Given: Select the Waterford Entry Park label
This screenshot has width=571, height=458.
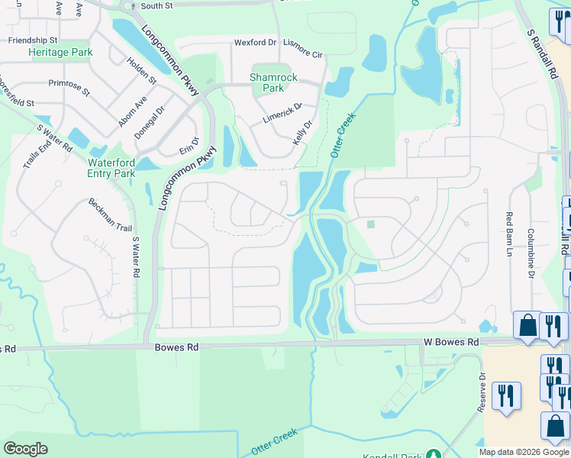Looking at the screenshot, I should coord(111,168).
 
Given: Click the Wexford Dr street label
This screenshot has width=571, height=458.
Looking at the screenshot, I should coord(254,43).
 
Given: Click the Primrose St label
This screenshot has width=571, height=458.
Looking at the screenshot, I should coord(69,86).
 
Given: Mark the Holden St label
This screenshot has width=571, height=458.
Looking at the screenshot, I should coord(141,71).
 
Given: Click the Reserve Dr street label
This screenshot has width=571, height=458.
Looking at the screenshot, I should coord(481,392).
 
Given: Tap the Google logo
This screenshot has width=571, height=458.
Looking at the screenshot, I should coord(25,449).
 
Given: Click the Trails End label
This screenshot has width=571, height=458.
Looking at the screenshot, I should coord(36,156).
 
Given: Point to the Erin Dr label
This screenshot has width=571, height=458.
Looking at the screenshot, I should coord(189,143).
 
